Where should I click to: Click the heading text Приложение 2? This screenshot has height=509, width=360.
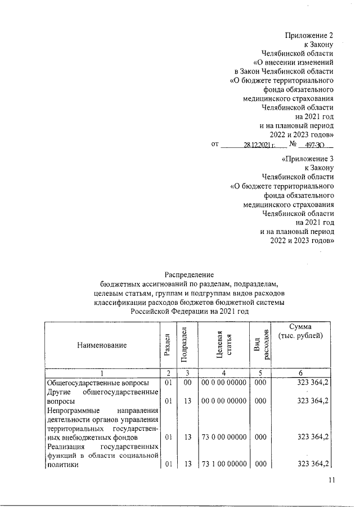tap(309, 35)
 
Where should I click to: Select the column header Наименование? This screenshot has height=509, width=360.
tap(102, 344)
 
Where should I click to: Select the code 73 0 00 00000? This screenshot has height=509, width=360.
tap(223, 436)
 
